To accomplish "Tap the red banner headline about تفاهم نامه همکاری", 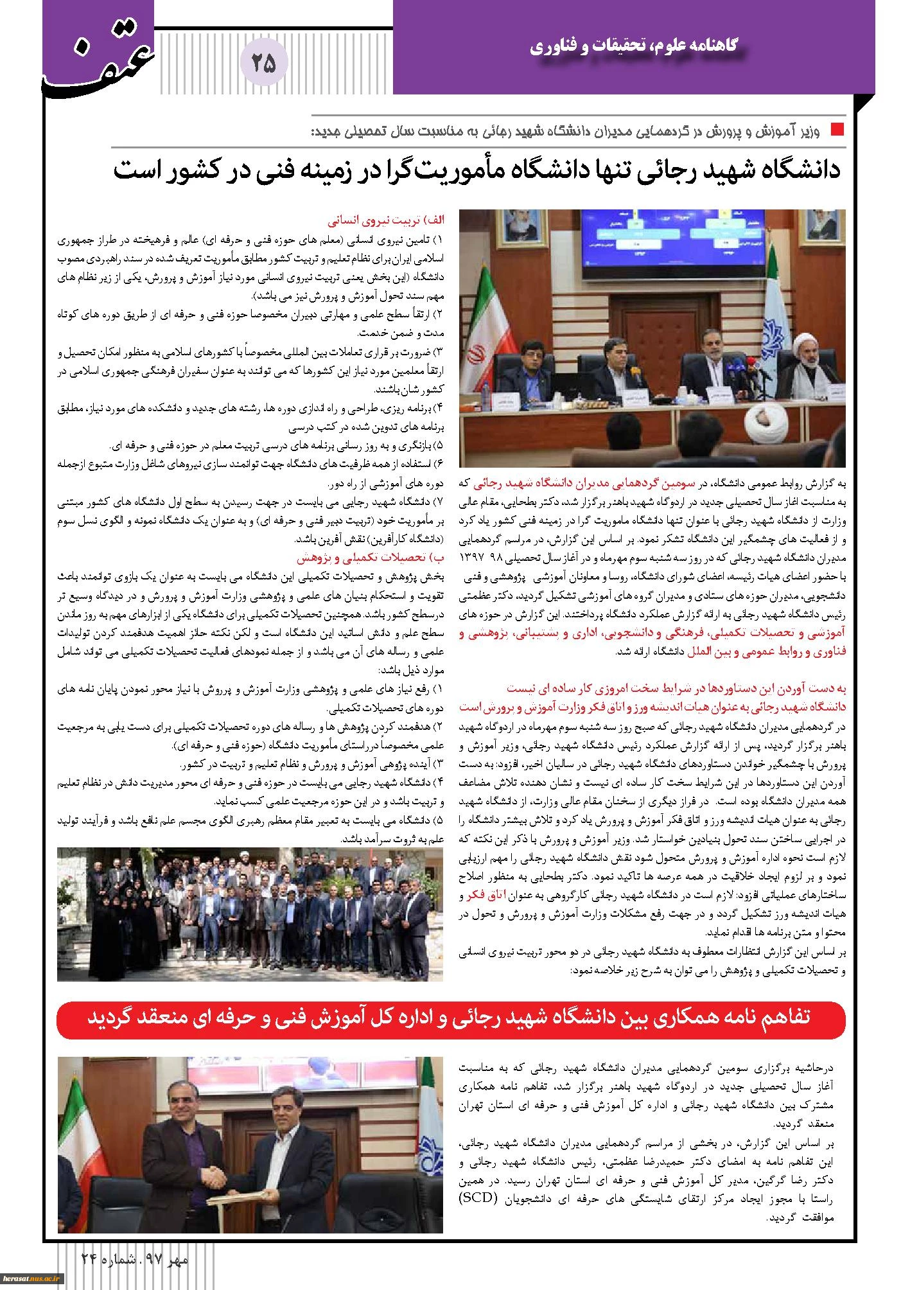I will (x=451, y=1020).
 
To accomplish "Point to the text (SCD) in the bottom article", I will (x=809, y=1199).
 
